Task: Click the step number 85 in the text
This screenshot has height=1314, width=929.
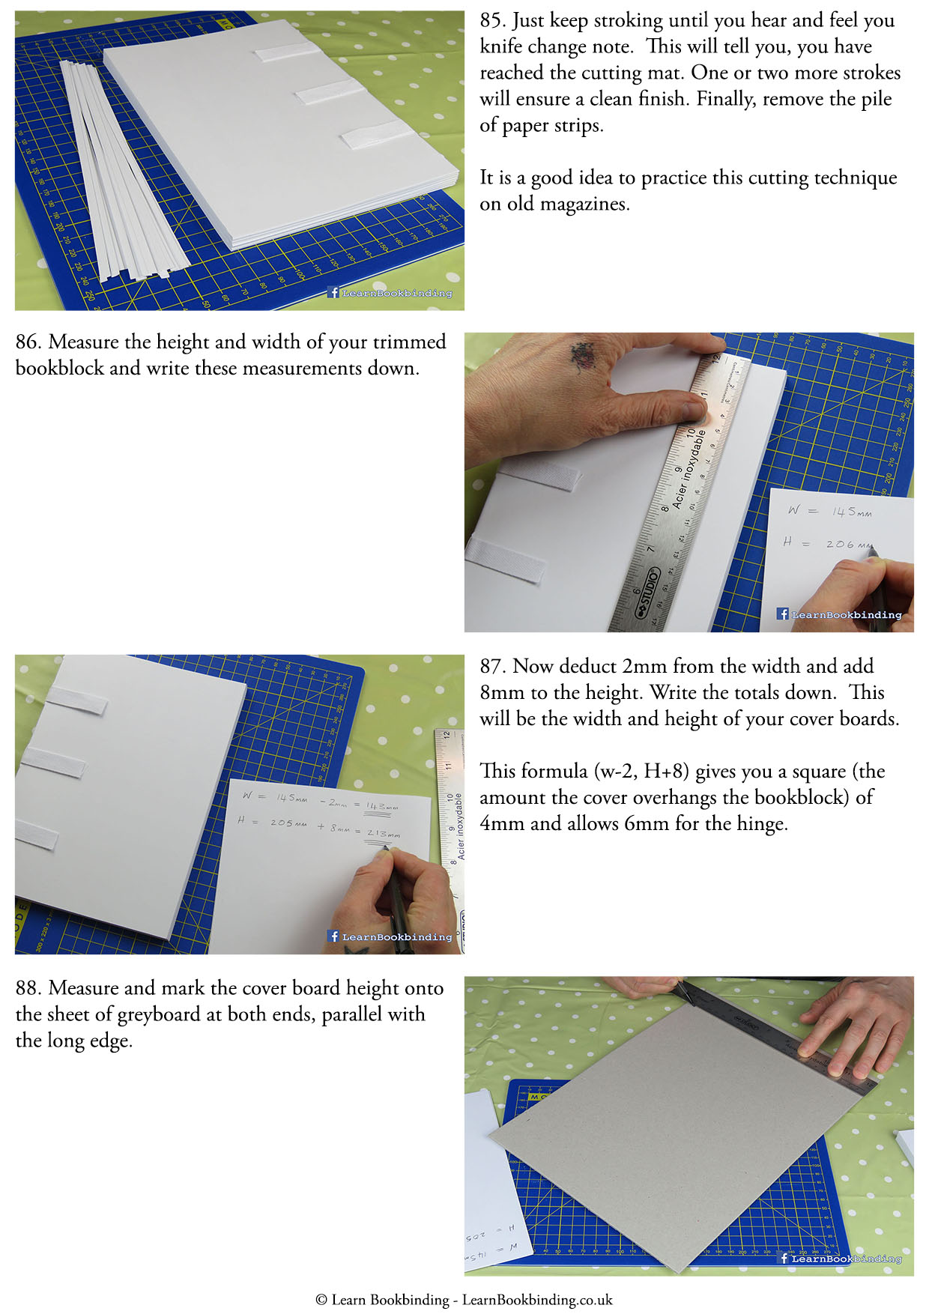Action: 491,21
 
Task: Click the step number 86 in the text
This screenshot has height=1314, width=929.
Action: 27,342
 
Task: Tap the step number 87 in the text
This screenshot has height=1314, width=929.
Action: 491,667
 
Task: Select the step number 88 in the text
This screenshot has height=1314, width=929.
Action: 27,989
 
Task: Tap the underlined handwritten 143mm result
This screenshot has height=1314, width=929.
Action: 381,807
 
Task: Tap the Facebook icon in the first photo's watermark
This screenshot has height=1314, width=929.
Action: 333,293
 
